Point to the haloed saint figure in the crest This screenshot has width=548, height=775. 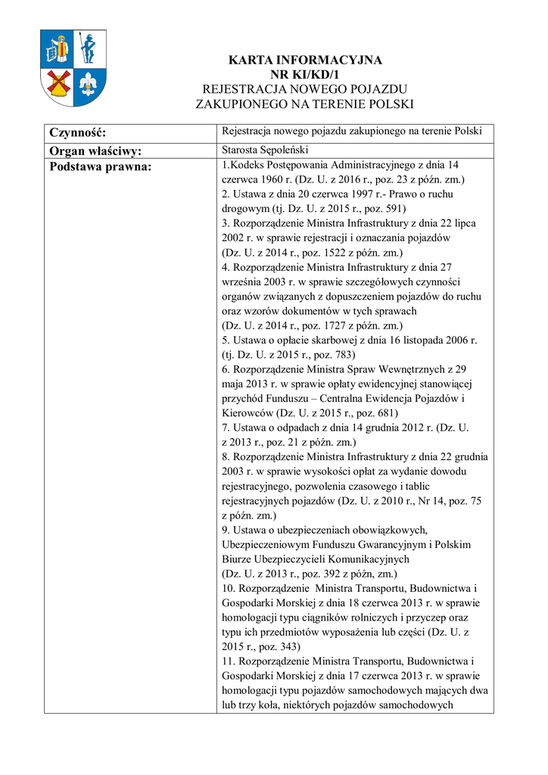(58, 49)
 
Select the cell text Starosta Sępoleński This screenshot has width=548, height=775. (263, 149)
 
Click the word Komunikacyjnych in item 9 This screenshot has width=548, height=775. (363, 559)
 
